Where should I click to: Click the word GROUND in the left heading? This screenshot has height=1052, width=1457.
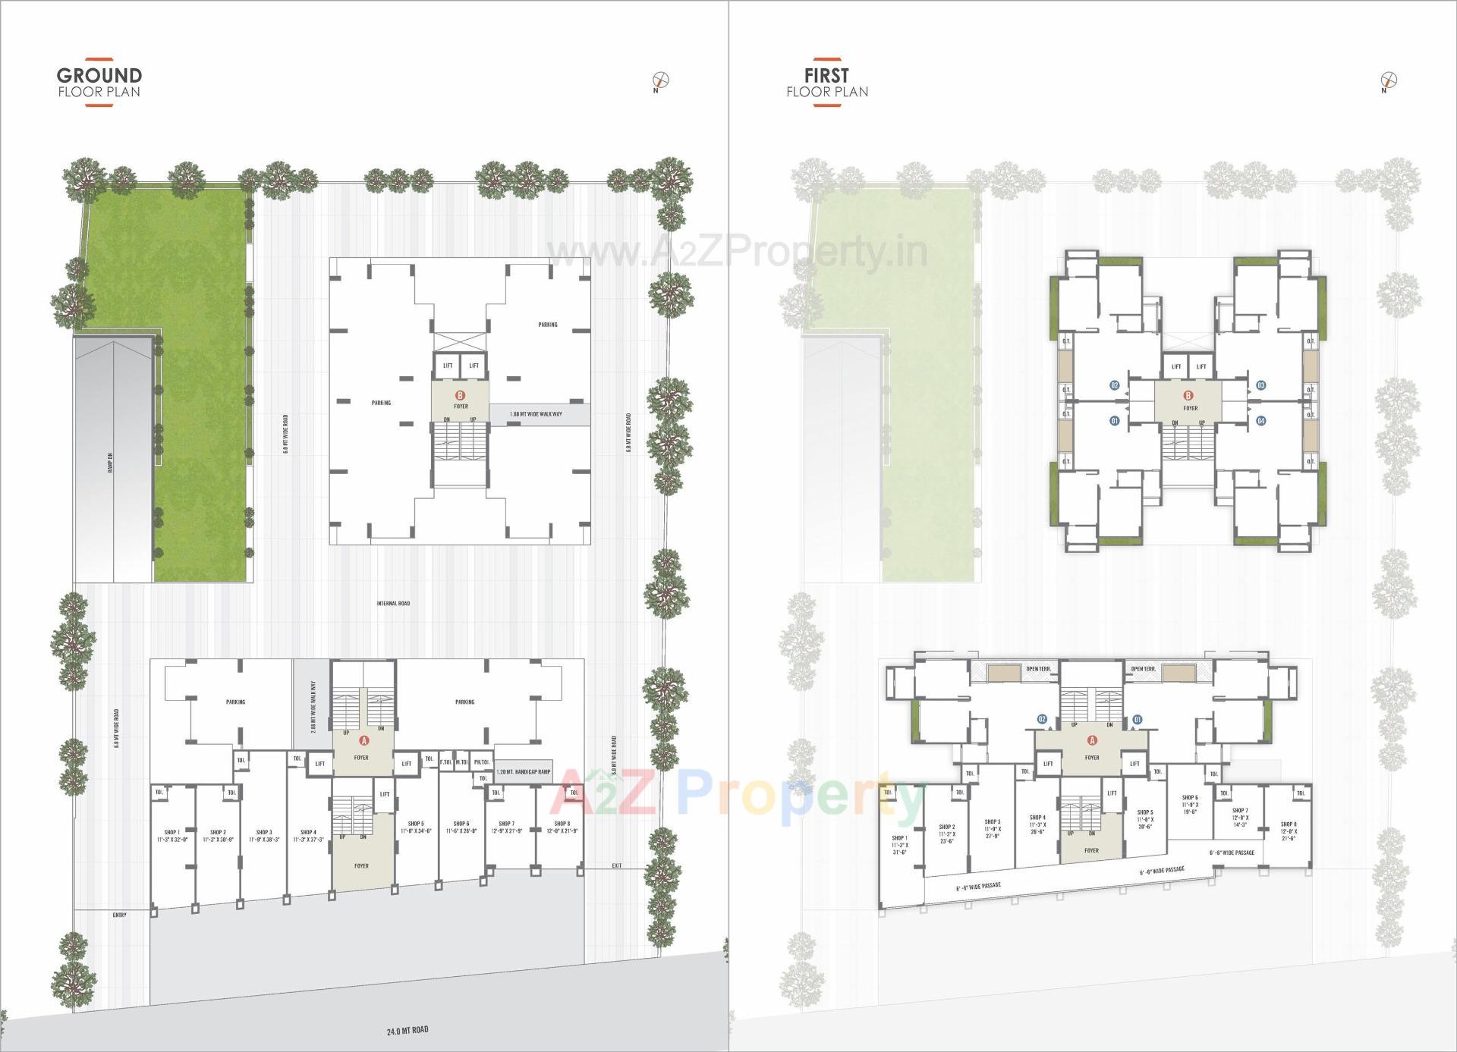[x=99, y=75]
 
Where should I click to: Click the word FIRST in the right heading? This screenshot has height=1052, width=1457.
[x=826, y=75]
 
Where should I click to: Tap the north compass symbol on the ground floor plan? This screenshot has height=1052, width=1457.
[x=661, y=80]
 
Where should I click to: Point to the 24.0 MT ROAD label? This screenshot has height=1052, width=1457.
[x=408, y=1030]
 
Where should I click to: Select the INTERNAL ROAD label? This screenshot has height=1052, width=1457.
[x=393, y=604]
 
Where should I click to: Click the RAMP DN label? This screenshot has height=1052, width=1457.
[x=110, y=463]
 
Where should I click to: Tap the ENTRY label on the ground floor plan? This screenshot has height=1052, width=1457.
[x=119, y=915]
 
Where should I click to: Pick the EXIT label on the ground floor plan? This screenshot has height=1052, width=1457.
[x=616, y=865]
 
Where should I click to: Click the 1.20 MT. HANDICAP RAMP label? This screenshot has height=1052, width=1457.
[x=523, y=772]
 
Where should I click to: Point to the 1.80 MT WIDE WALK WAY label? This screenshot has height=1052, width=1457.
[x=536, y=414]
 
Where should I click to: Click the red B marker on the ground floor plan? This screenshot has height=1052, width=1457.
[x=459, y=395]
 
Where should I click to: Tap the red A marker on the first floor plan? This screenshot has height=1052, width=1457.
[x=1093, y=740]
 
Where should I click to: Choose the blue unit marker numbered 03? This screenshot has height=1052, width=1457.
[x=1260, y=385]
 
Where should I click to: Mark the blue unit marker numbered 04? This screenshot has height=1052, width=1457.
[x=1260, y=420]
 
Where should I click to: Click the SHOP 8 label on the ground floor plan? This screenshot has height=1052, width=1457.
[x=562, y=824]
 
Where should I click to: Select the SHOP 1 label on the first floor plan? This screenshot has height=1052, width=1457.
[x=900, y=838]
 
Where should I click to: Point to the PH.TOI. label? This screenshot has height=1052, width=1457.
[x=481, y=762]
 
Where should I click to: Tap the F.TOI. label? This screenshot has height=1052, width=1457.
[x=445, y=762]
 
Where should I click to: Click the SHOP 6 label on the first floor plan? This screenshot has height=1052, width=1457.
[x=1189, y=798]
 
